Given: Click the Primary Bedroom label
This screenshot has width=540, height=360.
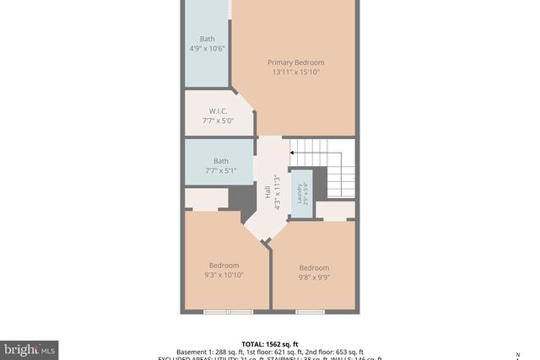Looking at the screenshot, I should tap(295, 62).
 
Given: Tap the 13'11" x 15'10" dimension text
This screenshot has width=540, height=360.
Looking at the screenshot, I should tap(295, 73).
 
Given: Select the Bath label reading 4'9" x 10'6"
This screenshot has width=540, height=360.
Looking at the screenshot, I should tap(208, 39).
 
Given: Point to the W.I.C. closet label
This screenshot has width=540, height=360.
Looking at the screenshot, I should tap(219, 111).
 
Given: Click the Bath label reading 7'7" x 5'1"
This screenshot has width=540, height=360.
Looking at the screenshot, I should tap(220, 161).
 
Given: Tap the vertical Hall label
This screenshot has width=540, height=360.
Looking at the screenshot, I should tap(267, 193).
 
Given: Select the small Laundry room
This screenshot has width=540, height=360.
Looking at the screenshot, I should tap(300, 193).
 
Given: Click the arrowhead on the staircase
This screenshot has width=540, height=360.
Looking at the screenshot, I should tap(292, 153).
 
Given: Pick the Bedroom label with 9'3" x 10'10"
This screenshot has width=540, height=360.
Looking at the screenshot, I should tap(224, 266).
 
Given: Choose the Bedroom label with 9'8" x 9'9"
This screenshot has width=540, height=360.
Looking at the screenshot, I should tap(313, 268).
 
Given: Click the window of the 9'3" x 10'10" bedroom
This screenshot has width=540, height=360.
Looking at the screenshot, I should tap(227, 312).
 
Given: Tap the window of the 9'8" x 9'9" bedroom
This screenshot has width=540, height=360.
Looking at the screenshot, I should tap(310, 312).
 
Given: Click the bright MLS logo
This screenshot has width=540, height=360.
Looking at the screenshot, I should tap(30, 348).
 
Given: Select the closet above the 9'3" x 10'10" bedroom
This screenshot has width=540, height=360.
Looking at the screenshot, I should tap(206, 200).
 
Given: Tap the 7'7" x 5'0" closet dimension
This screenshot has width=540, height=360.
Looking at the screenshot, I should tap(219, 121).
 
